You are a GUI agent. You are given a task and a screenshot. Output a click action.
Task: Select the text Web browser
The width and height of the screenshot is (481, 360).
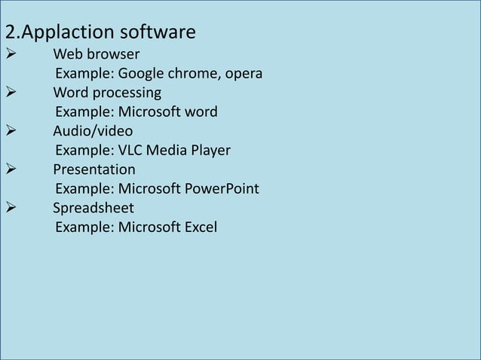tap(96, 54)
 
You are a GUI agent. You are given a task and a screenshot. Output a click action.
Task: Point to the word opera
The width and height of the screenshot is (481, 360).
tap(241, 75)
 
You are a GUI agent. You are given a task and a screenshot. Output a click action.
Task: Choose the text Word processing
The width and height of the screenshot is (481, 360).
tap(107, 93)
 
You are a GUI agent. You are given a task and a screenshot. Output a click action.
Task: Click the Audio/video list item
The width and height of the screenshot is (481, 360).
tap(93, 132)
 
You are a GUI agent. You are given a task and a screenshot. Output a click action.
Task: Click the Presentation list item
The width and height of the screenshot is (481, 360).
tap(94, 169)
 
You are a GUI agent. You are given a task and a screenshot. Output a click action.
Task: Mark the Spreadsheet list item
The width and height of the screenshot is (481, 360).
tap(93, 208)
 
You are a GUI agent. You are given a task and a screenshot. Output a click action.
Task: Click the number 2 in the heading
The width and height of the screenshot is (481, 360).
tap(10, 34)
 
